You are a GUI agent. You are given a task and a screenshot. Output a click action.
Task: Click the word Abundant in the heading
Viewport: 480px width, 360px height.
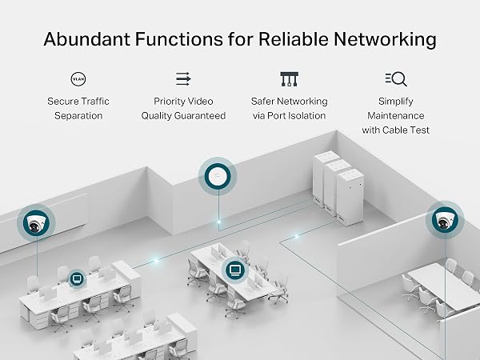click(x=87, y=39)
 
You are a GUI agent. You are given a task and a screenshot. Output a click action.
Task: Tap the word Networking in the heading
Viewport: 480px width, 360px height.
click(x=385, y=40)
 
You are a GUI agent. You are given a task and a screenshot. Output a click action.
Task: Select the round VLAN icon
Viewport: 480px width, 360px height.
click(x=78, y=79)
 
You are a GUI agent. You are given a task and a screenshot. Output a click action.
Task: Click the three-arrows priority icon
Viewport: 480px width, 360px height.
click(x=183, y=79)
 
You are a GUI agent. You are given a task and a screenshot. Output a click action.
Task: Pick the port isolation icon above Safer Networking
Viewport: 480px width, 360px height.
click(x=290, y=79)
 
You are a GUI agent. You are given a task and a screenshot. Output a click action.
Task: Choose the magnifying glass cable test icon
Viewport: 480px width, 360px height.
click(x=396, y=79)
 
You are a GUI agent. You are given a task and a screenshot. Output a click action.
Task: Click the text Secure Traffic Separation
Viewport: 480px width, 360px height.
click(x=78, y=108)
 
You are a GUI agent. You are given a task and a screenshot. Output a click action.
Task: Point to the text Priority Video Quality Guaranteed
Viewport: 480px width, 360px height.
click(x=183, y=108)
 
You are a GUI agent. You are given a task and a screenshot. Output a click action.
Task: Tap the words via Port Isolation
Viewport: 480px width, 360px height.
click(x=290, y=116)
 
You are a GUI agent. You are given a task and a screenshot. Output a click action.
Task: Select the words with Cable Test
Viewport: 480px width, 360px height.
click(x=395, y=130)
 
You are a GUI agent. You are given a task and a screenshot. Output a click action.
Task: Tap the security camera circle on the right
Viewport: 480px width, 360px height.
click(x=445, y=220)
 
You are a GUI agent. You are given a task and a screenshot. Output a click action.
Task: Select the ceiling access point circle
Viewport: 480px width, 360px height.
click(x=218, y=176)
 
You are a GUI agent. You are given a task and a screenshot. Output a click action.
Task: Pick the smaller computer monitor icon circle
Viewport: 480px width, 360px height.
click(x=77, y=278)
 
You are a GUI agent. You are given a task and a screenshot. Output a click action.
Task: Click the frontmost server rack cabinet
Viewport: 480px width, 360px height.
click(x=350, y=197)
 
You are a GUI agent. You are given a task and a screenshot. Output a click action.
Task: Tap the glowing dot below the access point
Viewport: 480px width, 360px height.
click(x=218, y=222)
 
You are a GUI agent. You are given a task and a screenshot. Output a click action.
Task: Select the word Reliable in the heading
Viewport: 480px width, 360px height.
click(x=294, y=39)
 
